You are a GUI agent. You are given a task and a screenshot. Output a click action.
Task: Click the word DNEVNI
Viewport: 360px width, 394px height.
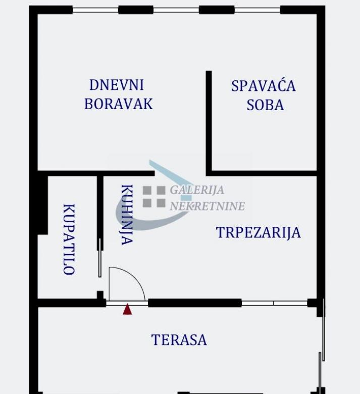pyautogui.click(x=117, y=85)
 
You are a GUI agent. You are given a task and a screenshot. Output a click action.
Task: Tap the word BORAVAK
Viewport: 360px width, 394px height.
pyautogui.click(x=119, y=104)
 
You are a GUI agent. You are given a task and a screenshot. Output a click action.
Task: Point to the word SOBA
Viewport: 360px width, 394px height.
pyautogui.click(x=265, y=105)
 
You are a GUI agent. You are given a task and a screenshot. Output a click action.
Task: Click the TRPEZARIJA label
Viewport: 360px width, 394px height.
pyautogui.click(x=259, y=232)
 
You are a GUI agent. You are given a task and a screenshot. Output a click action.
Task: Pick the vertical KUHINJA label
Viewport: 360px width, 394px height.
pyautogui.click(x=127, y=215)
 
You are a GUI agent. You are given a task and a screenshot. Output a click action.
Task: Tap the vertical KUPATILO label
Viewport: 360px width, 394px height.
pyautogui.click(x=69, y=239)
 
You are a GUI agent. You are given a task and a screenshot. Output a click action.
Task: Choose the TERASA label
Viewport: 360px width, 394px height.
pyautogui.click(x=179, y=340)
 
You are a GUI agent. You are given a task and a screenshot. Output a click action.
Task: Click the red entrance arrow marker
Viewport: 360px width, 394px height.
pyautogui.click(x=127, y=309)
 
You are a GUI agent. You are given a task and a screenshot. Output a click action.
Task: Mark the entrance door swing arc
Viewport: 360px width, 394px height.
pyautogui.click(x=135, y=277)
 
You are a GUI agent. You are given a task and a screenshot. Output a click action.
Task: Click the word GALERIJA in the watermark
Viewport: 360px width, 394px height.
pyautogui.click(x=197, y=190)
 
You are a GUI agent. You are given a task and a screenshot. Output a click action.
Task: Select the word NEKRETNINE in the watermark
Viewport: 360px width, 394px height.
pyautogui.click(x=207, y=206)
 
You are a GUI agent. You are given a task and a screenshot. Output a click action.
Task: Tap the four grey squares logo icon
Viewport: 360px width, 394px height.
pyautogui.click(x=154, y=197)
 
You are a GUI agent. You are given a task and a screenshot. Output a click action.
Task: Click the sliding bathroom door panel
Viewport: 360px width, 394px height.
pyautogui.click(x=100, y=258)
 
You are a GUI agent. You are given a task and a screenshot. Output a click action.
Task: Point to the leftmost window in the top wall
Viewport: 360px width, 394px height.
pyautogui.click(x=95, y=10)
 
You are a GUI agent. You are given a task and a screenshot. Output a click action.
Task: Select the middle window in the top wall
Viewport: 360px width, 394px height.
pyautogui.click(x=176, y=10)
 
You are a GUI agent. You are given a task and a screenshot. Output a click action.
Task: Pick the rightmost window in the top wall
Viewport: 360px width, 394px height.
pyautogui.click(x=257, y=10)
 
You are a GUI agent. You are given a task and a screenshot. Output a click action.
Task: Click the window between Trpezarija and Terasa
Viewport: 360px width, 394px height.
pyautogui.click(x=274, y=303)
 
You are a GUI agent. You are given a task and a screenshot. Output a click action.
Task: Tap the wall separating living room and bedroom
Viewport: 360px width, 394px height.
pyautogui.click(x=209, y=123)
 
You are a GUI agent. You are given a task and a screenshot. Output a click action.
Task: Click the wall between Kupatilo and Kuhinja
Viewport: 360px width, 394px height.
pyautogui.click(x=100, y=213)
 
